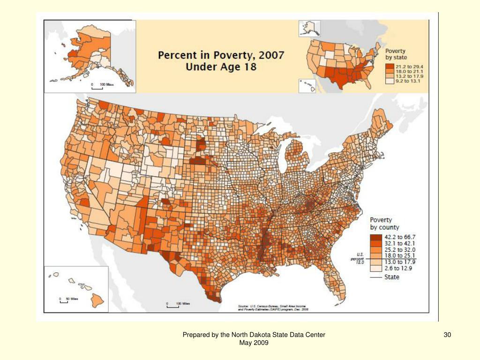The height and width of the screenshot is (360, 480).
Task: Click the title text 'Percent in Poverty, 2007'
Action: click(221, 55)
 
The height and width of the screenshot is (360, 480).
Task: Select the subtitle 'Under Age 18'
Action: click(221, 67)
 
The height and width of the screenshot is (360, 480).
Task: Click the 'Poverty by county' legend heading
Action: click(384, 223)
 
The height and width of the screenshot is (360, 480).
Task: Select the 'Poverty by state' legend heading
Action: click(396, 54)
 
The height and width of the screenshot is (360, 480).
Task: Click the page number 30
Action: click(447, 335)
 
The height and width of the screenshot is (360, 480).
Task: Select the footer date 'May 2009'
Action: click(254, 343)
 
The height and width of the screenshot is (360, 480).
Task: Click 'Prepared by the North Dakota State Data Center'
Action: click(254, 335)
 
